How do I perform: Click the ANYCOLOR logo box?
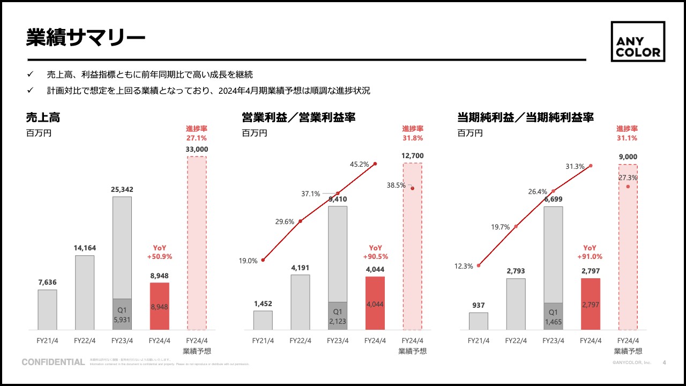pos(638,41)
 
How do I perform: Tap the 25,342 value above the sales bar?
pos(122,189)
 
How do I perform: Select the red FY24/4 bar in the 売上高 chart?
pos(160,306)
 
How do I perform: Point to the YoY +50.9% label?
pos(160,252)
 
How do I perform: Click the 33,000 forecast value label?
pos(197,149)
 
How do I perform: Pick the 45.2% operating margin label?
pos(359,165)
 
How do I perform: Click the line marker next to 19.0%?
pos(263,260)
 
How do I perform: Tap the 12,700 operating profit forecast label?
pos(412,155)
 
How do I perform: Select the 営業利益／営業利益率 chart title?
pos(299,117)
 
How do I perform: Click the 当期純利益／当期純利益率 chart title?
pos(525,117)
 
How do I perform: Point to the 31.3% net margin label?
pos(575,167)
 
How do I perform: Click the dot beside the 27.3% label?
pos(628,187)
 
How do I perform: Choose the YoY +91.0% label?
pos(590,252)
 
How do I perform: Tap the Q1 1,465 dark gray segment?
pos(553,316)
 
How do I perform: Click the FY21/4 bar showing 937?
pos(478,321)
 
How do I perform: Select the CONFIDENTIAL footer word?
pos(53,362)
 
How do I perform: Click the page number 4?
pos(665,362)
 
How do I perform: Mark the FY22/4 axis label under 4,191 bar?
pos(300,340)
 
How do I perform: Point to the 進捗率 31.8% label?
pos(413,133)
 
